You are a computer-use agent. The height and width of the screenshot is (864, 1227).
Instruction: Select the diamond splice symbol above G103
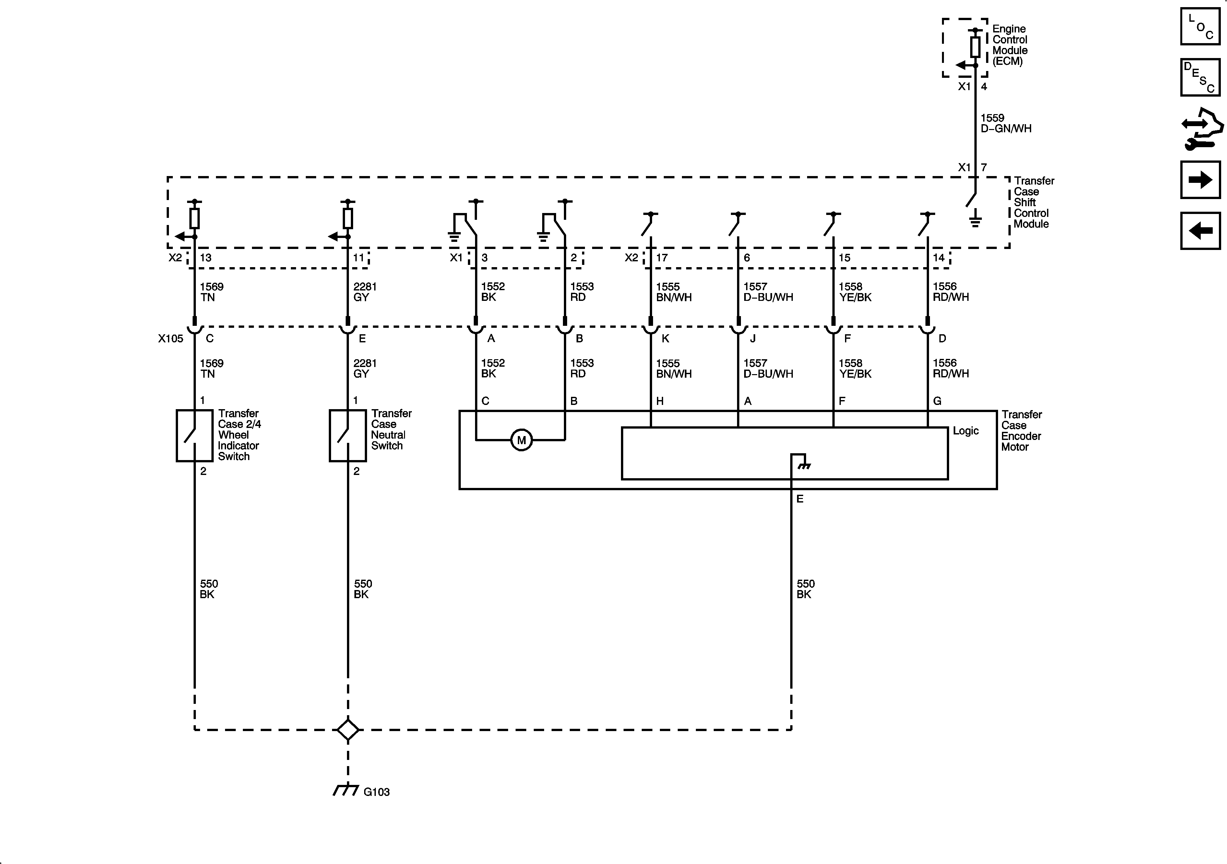[x=348, y=729]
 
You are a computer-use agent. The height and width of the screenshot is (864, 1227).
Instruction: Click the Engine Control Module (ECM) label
[x=1009, y=45]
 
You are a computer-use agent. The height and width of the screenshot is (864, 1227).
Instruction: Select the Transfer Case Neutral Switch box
[x=347, y=435]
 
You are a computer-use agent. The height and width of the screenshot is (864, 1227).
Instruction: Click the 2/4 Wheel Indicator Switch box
[x=195, y=435]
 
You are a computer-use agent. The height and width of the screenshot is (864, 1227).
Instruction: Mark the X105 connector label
[x=171, y=338]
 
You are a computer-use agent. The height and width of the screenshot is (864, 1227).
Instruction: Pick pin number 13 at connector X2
[x=206, y=257]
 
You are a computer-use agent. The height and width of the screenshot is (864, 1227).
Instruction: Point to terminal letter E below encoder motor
[x=800, y=499]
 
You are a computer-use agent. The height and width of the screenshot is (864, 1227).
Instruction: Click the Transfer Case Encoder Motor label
[x=1021, y=431]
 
